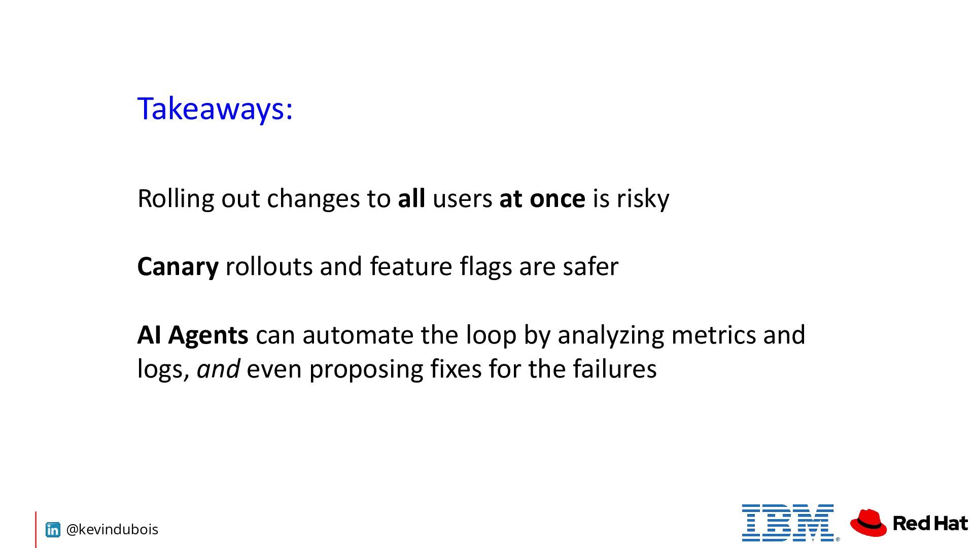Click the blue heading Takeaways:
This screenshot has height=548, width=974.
215,109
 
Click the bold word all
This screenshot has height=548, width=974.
411,198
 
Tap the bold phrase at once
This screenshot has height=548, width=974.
542,198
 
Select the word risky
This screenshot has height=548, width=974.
643,199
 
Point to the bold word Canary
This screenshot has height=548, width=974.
178,267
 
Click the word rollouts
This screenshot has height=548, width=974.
269,266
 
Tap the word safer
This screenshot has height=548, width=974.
590,266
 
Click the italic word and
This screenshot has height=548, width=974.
218,369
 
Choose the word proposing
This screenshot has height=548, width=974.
366,370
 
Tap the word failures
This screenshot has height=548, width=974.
615,369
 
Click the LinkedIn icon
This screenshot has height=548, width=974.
53,530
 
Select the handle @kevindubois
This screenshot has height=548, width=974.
112,530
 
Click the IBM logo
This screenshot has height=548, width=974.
788,523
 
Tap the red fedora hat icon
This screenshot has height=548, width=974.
868,523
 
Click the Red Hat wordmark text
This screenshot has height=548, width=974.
930,523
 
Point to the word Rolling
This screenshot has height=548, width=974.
176,199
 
